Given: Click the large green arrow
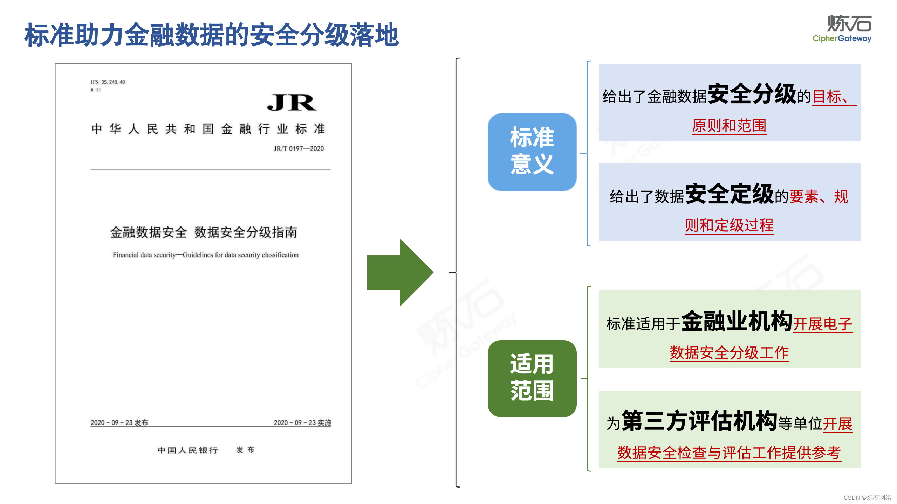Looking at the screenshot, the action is (x=399, y=273).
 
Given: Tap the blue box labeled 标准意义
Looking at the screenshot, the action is (x=532, y=152).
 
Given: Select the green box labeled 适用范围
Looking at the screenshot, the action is (x=532, y=378).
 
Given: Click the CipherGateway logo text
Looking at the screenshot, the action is (x=842, y=38).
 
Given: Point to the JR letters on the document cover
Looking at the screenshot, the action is (x=292, y=103).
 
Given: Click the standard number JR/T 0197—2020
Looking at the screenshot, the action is (x=299, y=148).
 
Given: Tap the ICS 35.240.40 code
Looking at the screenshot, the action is (x=108, y=82).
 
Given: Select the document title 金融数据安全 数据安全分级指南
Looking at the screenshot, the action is (x=204, y=232).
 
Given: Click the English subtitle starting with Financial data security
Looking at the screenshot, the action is (x=205, y=255).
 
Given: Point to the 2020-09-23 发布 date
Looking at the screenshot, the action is (x=119, y=422).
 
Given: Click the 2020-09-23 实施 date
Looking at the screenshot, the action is (x=302, y=422).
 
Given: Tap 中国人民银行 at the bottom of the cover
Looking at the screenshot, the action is (x=188, y=450).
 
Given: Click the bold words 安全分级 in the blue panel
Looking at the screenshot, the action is (x=752, y=94).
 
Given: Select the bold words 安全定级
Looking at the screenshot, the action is (x=730, y=194).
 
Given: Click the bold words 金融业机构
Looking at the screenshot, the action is (x=737, y=321).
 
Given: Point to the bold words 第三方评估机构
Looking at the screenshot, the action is (x=700, y=421).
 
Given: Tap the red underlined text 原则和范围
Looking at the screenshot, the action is (x=729, y=125).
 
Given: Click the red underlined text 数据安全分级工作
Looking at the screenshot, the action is (x=729, y=352).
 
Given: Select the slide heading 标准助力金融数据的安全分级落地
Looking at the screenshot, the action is (x=212, y=35).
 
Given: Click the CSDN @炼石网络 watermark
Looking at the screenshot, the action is (x=867, y=498).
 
